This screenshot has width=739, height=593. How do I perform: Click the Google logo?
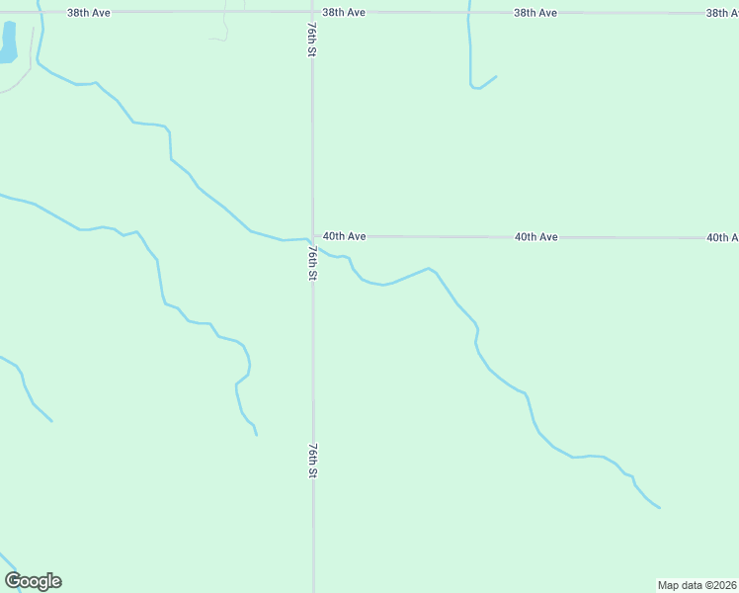(x=33, y=581)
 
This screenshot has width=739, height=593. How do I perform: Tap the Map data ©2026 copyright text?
(x=698, y=584)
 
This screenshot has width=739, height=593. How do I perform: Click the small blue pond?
(x=8, y=42)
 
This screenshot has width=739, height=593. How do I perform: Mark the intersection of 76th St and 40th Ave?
(x=313, y=237)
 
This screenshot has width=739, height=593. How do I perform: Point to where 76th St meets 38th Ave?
(x=312, y=13)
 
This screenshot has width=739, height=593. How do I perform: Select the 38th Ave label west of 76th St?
(x=89, y=13)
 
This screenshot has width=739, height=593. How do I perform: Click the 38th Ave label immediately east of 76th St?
(x=344, y=13)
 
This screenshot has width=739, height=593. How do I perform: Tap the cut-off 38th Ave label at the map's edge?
(x=722, y=13)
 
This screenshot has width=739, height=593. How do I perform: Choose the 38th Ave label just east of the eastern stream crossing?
(x=535, y=13)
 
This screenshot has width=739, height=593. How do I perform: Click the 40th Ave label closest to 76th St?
(x=344, y=236)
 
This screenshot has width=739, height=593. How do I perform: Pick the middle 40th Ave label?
(x=535, y=237)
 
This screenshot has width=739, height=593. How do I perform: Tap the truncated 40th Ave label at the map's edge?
(x=722, y=237)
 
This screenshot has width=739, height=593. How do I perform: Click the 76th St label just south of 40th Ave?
(x=310, y=263)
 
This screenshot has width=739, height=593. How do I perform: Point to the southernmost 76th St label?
(x=312, y=461)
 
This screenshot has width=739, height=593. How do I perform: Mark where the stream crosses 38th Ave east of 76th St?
(x=468, y=13)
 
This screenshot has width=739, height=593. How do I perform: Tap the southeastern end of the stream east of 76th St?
(x=660, y=508)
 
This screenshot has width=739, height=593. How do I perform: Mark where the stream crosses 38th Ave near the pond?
(x=41, y=13)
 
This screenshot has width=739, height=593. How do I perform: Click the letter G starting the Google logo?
(x=13, y=581)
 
